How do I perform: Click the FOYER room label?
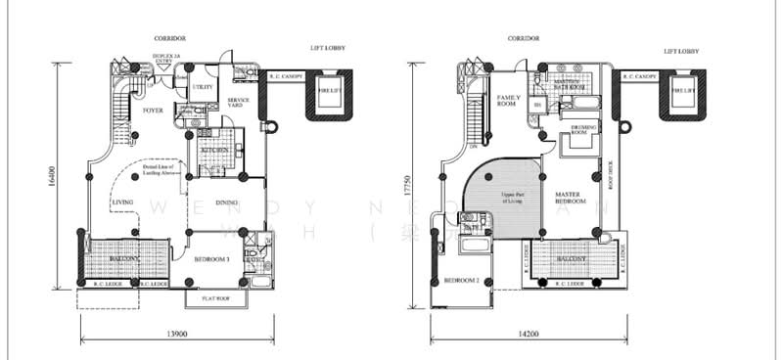pos(153,111)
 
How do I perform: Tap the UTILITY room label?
pos(203,87)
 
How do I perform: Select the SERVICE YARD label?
pos(239,104)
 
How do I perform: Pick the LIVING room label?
pos(122,202)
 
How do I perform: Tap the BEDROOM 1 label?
pos(212,258)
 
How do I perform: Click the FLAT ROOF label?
pos(215,296)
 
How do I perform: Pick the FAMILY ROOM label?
pos(508,102)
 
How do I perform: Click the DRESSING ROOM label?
pos(574,128)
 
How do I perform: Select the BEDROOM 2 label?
pos(461,280)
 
